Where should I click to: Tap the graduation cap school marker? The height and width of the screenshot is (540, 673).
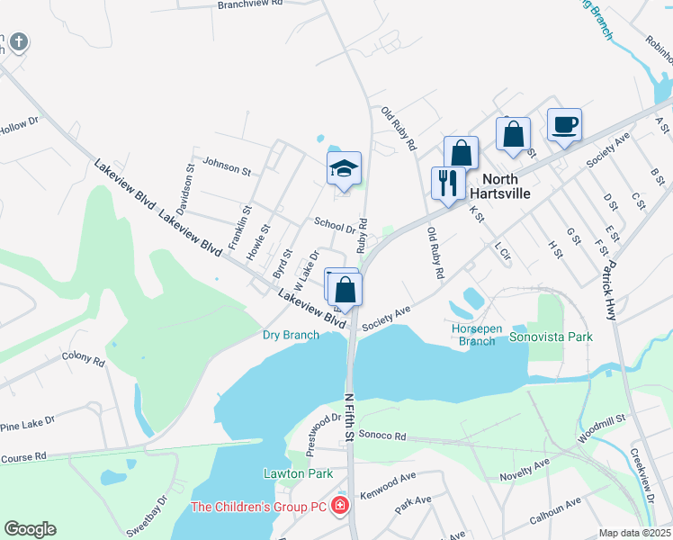tap(343, 168)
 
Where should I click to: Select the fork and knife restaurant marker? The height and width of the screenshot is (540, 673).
tap(447, 184)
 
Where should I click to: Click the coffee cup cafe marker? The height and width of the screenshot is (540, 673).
tap(564, 125)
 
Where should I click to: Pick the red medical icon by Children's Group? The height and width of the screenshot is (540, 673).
tap(340, 506)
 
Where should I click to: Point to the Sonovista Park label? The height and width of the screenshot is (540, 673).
tap(551, 337)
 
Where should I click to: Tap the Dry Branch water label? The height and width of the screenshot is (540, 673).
tap(291, 336)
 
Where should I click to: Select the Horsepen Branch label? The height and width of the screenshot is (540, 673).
tap(476, 335)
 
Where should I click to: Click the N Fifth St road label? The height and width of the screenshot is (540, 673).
tap(348, 417)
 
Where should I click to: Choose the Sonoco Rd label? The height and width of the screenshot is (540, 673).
tap(382, 436)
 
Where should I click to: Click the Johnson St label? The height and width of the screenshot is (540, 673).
tap(226, 166)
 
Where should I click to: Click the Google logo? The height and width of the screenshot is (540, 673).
tap(30, 529)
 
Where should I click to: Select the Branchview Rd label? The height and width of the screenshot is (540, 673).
tap(250, 4)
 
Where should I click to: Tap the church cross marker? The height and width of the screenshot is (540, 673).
tap(19, 41)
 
